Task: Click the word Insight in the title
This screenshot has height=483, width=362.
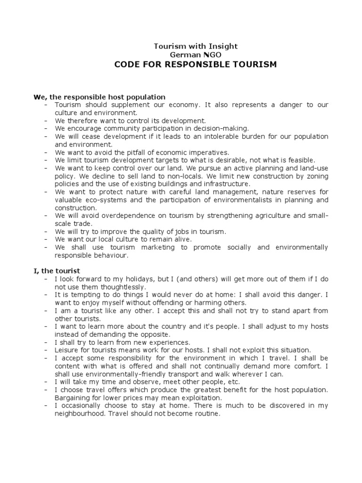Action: [x=222, y=46]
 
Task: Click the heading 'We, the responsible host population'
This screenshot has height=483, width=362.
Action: [x=99, y=97]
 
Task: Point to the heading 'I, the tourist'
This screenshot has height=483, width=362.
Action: [x=57, y=271]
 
